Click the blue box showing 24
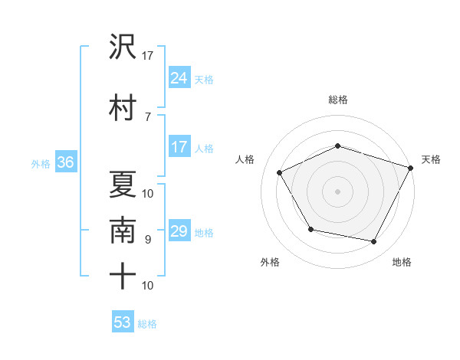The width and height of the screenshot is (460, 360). [x=179, y=77]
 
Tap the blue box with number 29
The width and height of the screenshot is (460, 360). [x=179, y=231]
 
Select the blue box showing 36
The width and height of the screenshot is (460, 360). [x=65, y=162]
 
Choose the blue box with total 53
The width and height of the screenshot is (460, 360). [x=123, y=322]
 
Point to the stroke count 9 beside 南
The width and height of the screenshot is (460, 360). [x=148, y=239]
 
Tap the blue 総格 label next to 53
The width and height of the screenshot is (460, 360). [x=147, y=324]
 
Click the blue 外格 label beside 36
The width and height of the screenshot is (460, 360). [x=41, y=163]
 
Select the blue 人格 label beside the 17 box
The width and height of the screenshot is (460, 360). [x=204, y=149]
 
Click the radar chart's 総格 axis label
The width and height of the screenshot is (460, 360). [x=338, y=100]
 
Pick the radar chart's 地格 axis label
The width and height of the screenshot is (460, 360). [x=402, y=262]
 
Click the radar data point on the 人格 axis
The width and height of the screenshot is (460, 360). [x=280, y=172]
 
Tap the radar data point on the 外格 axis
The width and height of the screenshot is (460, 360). [x=310, y=229]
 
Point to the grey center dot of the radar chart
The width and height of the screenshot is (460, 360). [x=338, y=191]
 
